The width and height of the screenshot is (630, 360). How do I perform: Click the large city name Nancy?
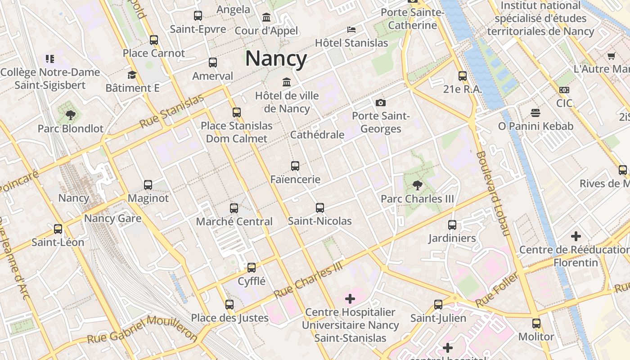(276, 58)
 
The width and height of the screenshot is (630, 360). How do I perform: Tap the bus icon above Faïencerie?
(295, 166)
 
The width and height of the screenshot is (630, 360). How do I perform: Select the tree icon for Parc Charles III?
(418, 185)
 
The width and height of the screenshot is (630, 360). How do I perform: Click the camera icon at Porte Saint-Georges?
(381, 103)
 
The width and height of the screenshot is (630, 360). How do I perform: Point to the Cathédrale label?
(317, 135)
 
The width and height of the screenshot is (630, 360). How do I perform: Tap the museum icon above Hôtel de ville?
(287, 82)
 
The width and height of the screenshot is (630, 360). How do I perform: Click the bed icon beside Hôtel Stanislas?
(351, 30)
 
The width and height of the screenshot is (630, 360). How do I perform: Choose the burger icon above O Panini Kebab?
(535, 112)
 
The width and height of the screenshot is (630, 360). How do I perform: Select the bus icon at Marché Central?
(234, 208)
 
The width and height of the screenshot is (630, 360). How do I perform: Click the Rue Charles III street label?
(309, 280)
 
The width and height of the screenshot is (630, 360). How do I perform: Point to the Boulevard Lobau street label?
(493, 193)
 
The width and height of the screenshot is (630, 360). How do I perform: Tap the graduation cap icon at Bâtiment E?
(132, 75)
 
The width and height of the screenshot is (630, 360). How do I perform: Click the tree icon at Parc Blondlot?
(70, 115)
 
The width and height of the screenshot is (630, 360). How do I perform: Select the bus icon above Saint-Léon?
(58, 229)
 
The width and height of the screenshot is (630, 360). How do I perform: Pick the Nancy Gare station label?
(113, 219)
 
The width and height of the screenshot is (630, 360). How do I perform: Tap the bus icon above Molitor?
(536, 324)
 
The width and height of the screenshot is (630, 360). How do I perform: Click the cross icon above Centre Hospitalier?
(350, 299)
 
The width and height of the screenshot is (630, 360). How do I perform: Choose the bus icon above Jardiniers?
(452, 225)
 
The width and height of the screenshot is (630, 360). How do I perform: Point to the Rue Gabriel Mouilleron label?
(142, 331)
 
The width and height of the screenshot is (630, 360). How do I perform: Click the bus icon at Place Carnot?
(154, 40)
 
